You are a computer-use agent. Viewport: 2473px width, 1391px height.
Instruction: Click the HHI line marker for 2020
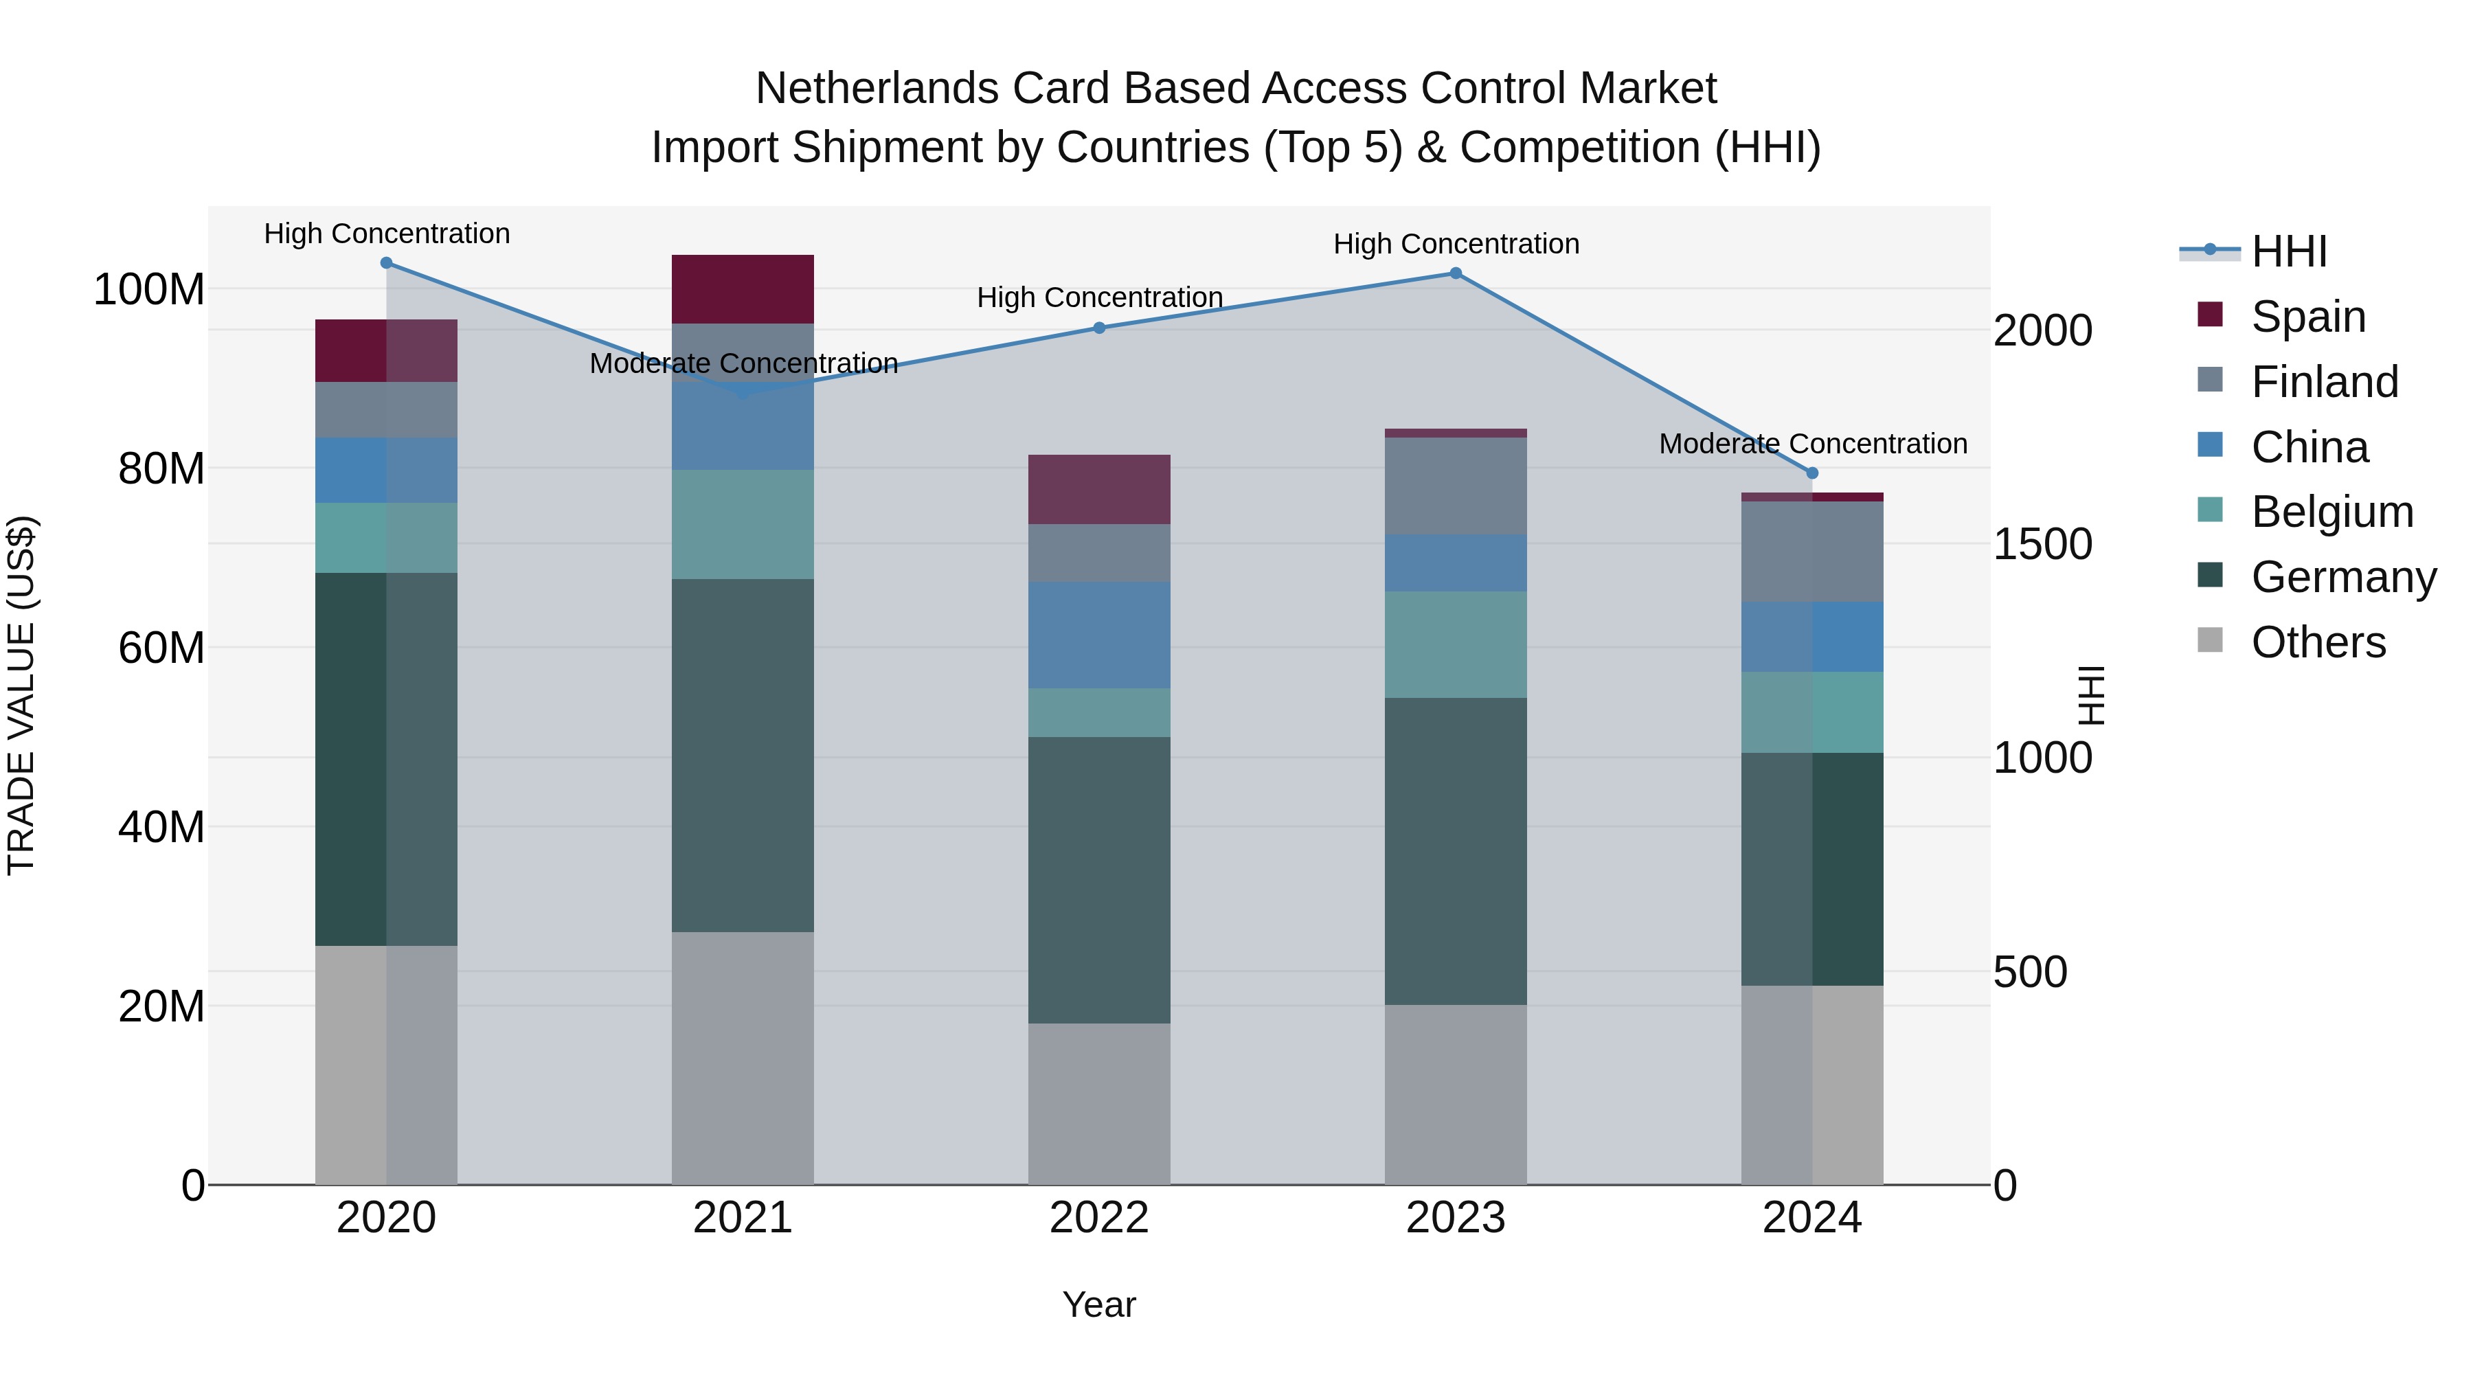click(x=386, y=263)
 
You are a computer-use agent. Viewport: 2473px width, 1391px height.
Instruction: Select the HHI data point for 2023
click(x=1456, y=273)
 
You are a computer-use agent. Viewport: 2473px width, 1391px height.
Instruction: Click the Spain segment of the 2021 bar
click(x=742, y=289)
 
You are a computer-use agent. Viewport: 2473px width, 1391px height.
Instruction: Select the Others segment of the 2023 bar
click(x=1456, y=1094)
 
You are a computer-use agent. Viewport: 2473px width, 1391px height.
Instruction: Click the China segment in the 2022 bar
click(x=1099, y=635)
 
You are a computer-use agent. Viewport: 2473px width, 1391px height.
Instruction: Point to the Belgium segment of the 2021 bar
click(x=742, y=524)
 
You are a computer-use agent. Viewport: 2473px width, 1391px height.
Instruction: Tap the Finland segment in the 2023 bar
click(x=1456, y=486)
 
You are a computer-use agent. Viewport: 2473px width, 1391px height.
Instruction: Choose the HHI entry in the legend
click(x=2289, y=251)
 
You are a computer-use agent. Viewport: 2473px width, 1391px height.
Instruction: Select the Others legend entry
click(x=2318, y=642)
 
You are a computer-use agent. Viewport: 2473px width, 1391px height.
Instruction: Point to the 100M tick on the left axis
click(x=149, y=289)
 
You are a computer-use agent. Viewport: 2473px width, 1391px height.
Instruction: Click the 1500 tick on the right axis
click(x=2043, y=544)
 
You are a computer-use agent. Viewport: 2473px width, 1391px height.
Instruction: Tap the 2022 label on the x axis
click(x=1099, y=1218)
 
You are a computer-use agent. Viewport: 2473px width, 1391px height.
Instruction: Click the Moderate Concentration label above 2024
click(x=1813, y=444)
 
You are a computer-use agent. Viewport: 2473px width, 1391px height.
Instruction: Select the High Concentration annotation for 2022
click(x=1099, y=297)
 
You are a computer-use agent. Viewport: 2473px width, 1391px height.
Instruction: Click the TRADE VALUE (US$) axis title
click(x=21, y=695)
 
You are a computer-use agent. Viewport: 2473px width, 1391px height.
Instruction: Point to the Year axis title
click(x=1099, y=1304)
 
